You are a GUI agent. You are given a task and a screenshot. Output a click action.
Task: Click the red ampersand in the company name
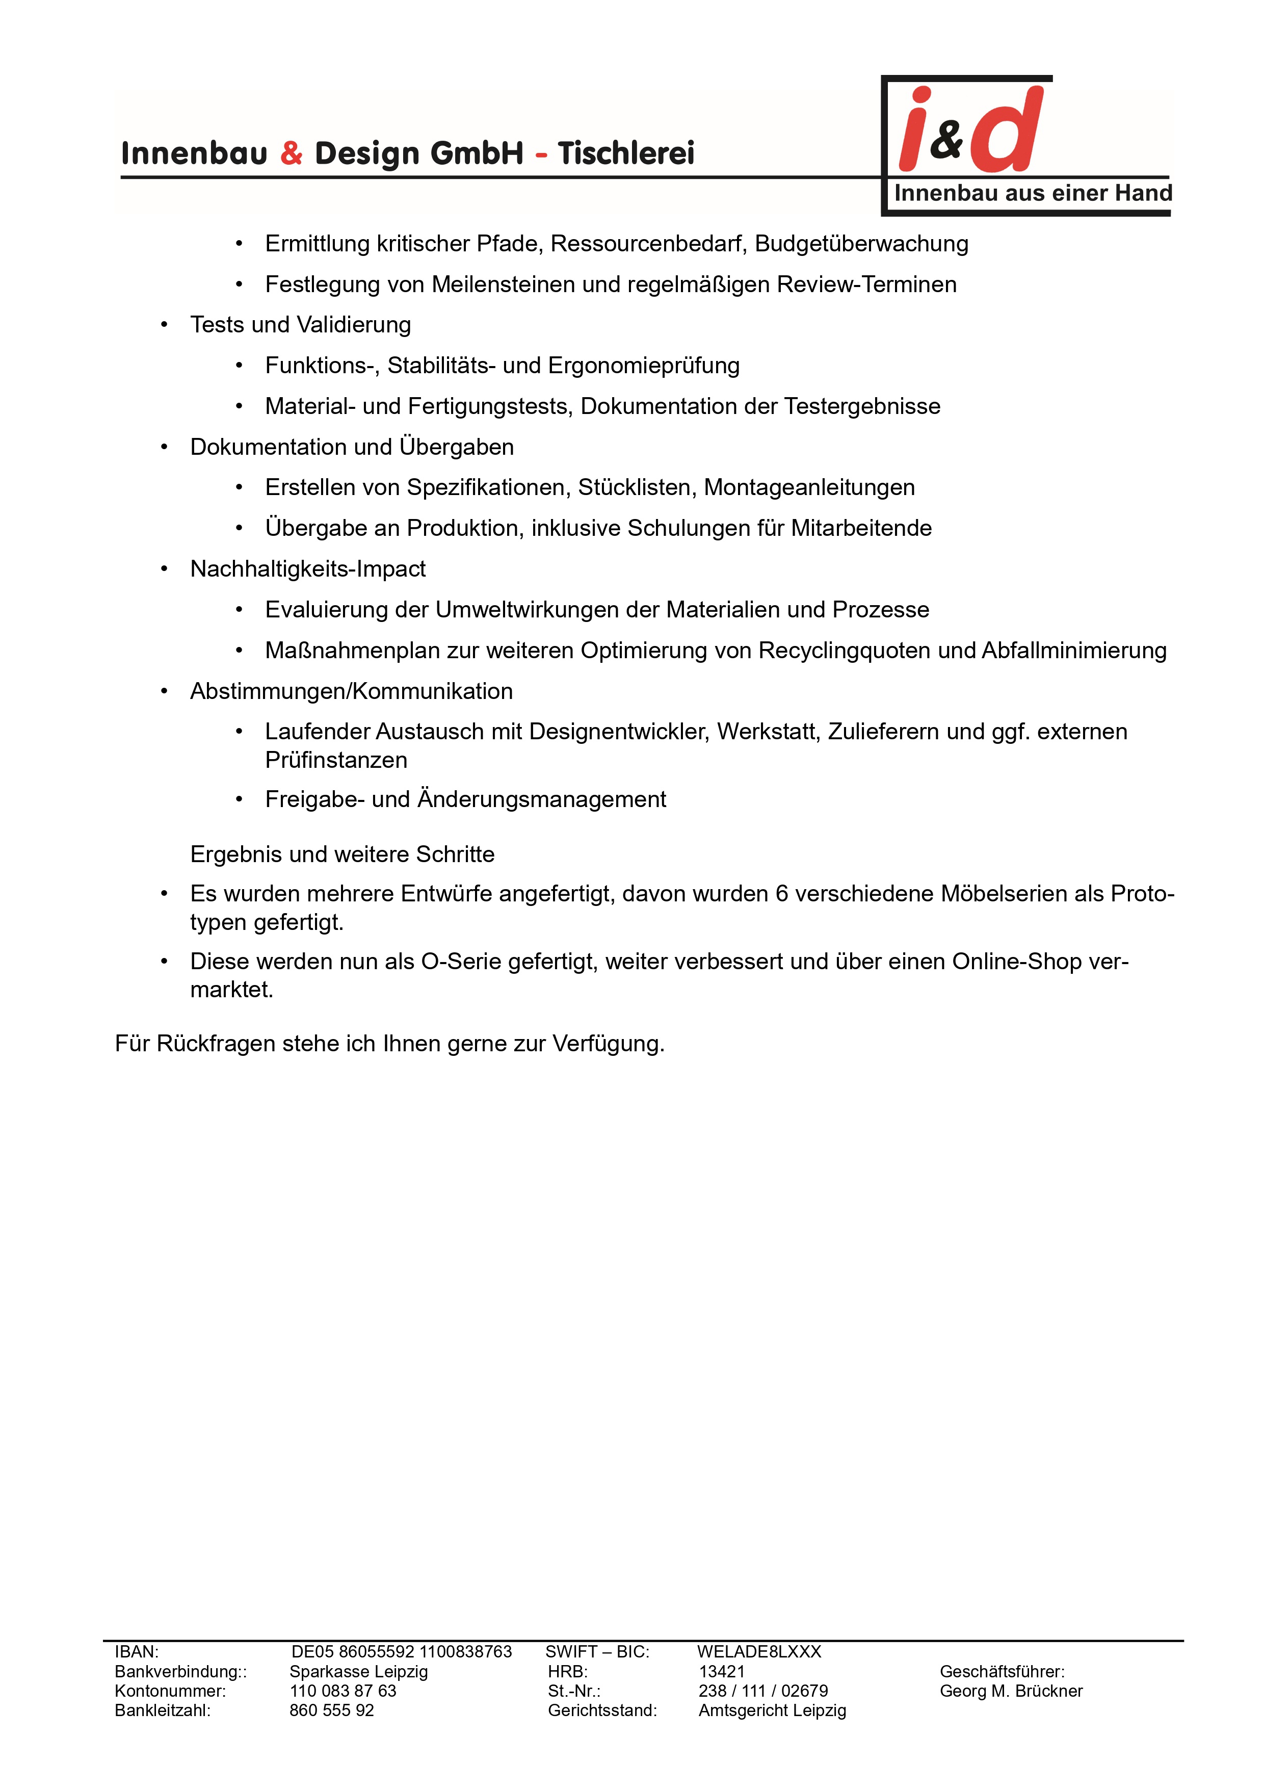pyautogui.click(x=291, y=153)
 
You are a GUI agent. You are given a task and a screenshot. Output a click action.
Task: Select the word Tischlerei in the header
pyautogui.click(x=625, y=153)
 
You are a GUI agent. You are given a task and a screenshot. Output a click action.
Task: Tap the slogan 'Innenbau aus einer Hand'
pyautogui.click(x=1032, y=193)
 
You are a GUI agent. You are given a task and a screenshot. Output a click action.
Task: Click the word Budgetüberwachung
pyautogui.click(x=861, y=244)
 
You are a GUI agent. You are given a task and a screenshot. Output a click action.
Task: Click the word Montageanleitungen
pyautogui.click(x=809, y=488)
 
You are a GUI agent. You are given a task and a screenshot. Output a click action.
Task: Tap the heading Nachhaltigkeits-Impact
pyautogui.click(x=308, y=569)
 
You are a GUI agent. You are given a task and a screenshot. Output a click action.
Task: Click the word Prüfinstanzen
pyautogui.click(x=336, y=761)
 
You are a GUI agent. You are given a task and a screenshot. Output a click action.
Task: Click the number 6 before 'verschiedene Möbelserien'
pyautogui.click(x=782, y=894)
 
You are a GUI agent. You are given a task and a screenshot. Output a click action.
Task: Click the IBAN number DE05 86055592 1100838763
pyautogui.click(x=401, y=1652)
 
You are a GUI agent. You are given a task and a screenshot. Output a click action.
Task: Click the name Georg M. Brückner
pyautogui.click(x=1010, y=1691)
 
